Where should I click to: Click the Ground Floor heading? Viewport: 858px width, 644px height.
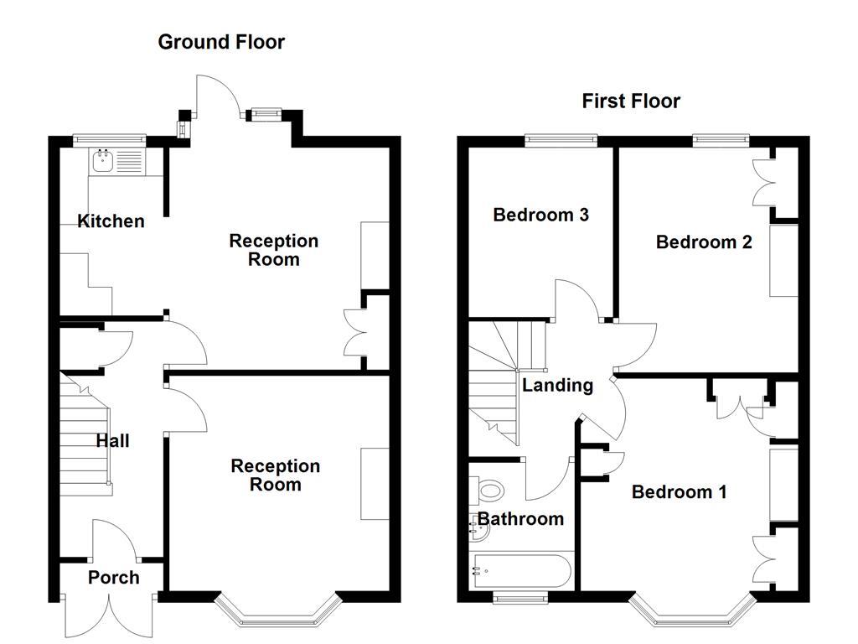(221, 42)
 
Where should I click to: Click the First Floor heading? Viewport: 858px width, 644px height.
(631, 101)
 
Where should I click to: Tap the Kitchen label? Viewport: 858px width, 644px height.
(111, 221)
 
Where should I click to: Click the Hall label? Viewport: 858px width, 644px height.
(112, 441)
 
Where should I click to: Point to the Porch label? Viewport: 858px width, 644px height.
(113, 578)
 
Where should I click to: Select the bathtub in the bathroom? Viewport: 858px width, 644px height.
(521, 572)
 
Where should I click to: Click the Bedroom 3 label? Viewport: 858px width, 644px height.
(540, 215)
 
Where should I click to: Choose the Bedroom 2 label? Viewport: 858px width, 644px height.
(704, 242)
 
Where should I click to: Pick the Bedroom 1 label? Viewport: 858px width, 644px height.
(679, 492)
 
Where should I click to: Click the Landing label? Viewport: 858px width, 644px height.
(557, 386)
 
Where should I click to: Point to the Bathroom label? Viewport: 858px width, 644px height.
(519, 519)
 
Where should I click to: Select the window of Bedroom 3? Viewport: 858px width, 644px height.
(561, 140)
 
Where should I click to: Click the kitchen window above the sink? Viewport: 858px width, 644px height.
(110, 140)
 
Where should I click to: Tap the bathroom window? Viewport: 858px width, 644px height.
(519, 597)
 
